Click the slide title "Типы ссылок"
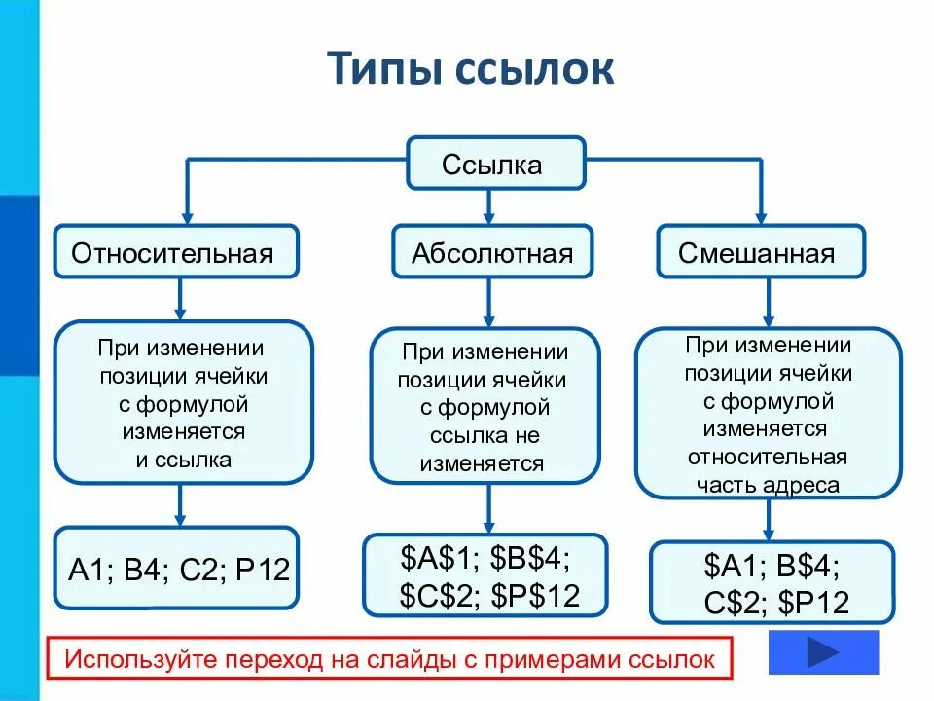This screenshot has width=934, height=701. click(x=470, y=72)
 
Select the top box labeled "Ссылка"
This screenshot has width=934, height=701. click(x=495, y=164)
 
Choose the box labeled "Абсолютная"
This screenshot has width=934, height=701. click(x=491, y=253)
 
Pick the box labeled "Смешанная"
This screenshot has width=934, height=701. click(x=758, y=253)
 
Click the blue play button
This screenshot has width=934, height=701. click(x=823, y=651)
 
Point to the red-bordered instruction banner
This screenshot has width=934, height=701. click(x=389, y=659)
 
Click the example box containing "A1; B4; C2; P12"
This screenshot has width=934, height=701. click(x=179, y=569)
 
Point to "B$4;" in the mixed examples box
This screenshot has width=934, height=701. click(x=806, y=566)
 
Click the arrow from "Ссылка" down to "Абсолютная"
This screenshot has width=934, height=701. click(x=488, y=205)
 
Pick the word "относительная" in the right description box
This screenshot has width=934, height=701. click(x=768, y=457)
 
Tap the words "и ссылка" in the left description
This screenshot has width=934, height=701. click(x=184, y=460)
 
